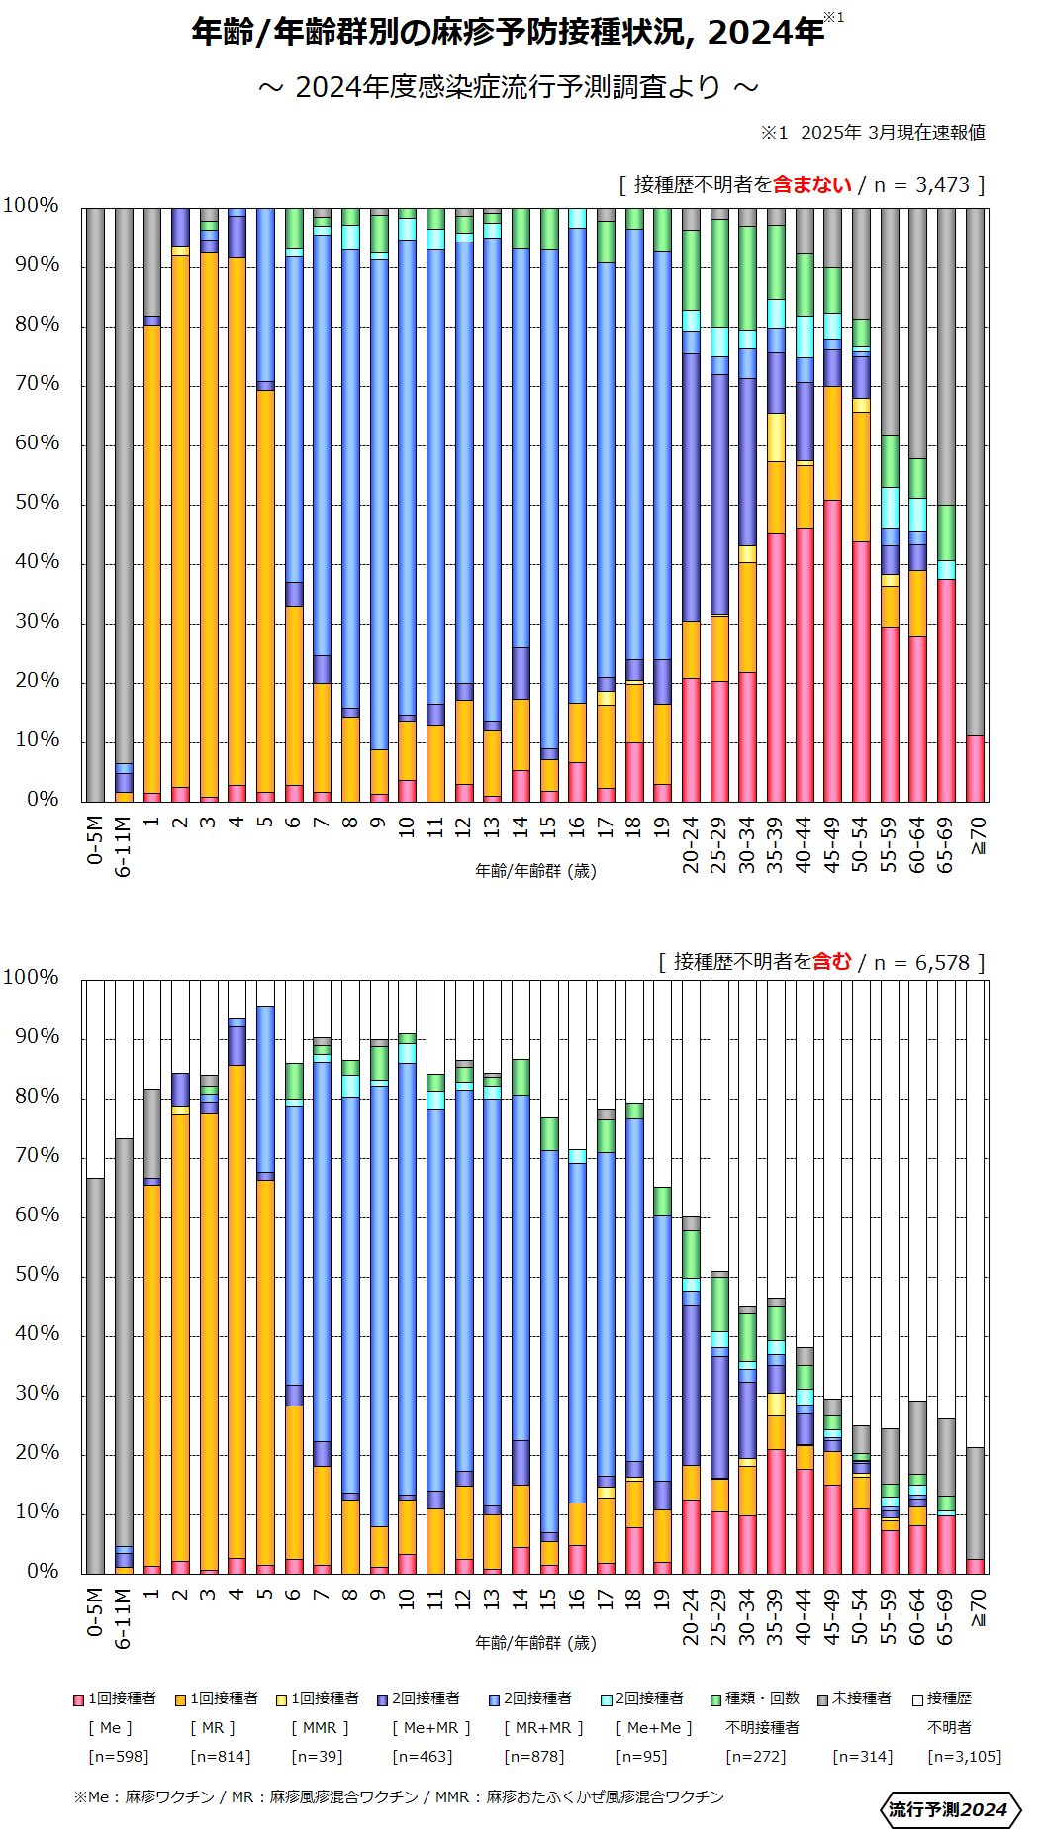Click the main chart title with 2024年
tap(508, 32)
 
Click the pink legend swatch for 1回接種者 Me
tap(78, 1699)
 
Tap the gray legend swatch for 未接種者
tap(822, 1699)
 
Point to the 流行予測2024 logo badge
tap(949, 1809)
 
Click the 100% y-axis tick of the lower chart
tap(32, 977)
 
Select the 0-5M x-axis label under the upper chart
tap(95, 840)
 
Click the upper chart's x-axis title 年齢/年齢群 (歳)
tap(535, 871)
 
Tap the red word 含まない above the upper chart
tap(811, 185)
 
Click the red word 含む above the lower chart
tap(831, 962)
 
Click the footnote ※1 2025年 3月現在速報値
tap(873, 133)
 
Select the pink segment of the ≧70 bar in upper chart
tap(976, 769)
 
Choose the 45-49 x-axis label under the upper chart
tap(833, 844)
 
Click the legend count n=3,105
tap(964, 1756)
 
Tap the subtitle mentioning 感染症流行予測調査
tap(508, 87)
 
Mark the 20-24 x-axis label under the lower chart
tap(691, 1616)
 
